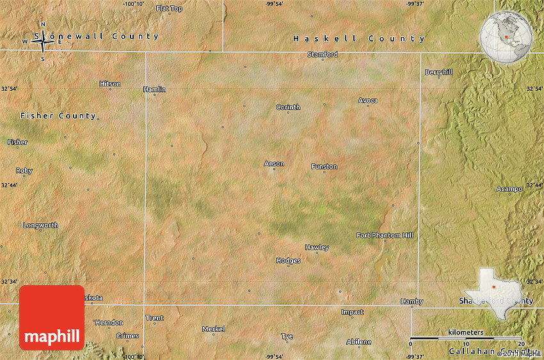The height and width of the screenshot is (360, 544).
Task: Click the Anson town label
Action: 274,164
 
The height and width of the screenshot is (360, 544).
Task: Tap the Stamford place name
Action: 323,54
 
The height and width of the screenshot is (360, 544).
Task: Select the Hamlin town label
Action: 154,90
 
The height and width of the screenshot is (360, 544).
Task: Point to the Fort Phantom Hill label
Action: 385,235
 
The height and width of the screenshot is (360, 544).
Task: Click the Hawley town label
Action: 317,247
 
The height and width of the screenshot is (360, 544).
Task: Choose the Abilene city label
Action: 358,342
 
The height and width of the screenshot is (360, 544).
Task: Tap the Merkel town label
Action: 213,329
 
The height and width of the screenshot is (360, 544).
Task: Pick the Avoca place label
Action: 367,100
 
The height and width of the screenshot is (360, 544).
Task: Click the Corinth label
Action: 288,107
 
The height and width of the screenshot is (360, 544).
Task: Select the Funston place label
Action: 324,167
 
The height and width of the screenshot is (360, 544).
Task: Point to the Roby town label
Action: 24,171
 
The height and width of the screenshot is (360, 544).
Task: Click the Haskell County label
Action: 358,39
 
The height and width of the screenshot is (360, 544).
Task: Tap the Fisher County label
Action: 58,116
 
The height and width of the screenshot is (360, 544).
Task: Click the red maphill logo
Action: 52,318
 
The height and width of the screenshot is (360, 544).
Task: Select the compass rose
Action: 43,42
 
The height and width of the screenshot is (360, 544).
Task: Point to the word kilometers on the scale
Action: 466,333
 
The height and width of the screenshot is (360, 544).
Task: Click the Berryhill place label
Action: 438,72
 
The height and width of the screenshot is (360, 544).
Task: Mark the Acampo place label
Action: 509,189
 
